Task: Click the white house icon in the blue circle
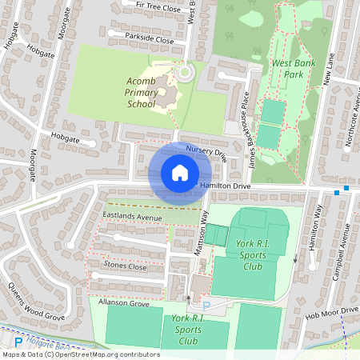(180, 173)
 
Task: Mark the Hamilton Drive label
(226, 186)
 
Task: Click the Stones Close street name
(126, 266)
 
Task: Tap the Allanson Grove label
(124, 304)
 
